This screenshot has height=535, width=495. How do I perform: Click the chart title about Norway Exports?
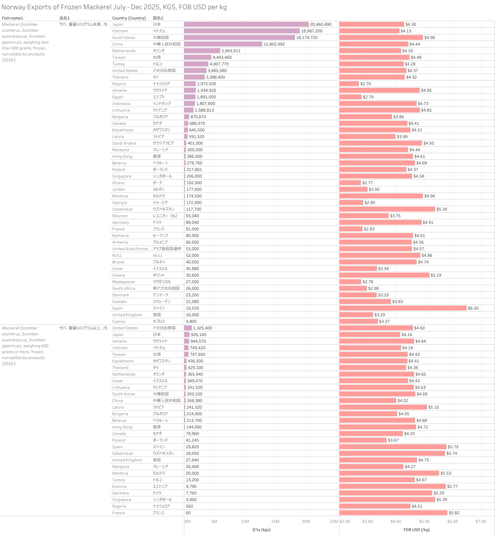coord(114,7)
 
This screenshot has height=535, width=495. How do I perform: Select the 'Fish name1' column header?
coord(13,18)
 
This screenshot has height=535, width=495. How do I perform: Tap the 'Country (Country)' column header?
coord(129,18)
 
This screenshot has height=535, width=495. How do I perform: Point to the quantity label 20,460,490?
coord(321,24)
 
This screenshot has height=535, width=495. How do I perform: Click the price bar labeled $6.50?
coord(403,308)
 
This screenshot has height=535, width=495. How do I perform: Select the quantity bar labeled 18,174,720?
coord(239,38)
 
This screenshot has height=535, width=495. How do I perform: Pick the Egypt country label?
coord(118,97)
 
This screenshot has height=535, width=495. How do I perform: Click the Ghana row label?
coord(118,183)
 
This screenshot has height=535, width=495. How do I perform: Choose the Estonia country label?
coord(119,486)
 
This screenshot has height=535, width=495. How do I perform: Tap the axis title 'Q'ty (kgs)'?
coord(261,530)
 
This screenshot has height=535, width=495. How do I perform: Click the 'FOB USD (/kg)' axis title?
coord(416,530)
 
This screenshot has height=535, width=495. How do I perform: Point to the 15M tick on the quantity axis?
coord(275,521)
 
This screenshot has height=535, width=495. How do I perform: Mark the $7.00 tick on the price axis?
coord(480,521)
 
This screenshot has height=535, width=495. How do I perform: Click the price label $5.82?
coord(454,513)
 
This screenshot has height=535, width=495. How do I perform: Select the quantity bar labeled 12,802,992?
coord(223,44)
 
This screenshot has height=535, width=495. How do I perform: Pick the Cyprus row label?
coord(119,321)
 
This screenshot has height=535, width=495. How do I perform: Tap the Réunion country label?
coord(120,216)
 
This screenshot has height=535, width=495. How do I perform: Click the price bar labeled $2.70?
coord(349,84)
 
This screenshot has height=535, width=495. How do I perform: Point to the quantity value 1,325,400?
coord(202,328)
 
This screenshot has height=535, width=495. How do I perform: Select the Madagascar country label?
coord(124,282)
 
